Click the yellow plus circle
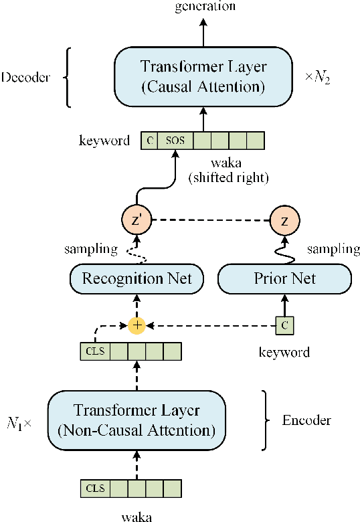[137, 326]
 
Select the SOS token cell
[175, 141]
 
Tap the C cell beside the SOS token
[149, 141]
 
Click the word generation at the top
[205, 6]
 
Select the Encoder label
[306, 421]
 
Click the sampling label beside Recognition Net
[90, 249]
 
